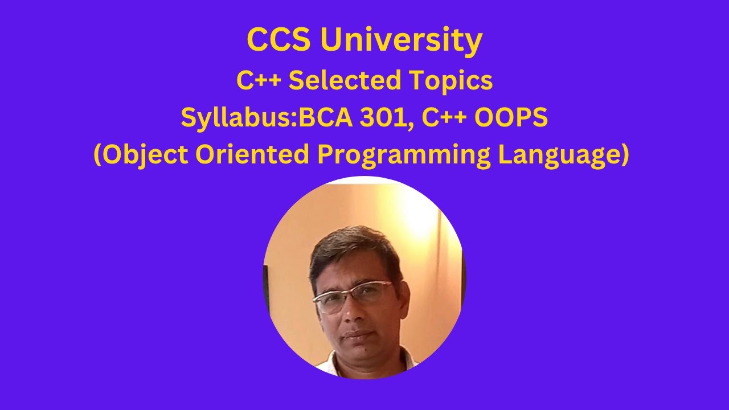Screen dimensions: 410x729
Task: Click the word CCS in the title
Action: pos(279,40)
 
